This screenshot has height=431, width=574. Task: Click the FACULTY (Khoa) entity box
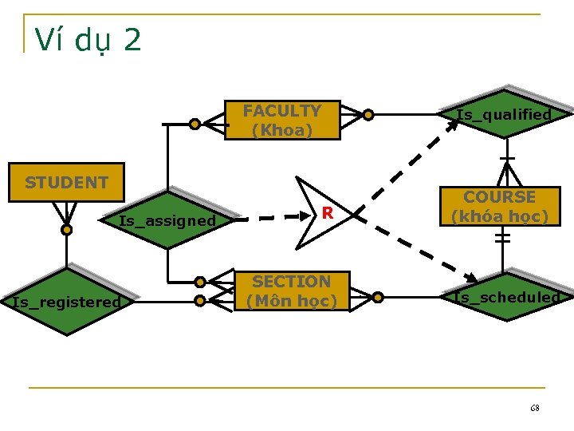[282, 120]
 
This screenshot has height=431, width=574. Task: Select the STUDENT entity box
[66, 183]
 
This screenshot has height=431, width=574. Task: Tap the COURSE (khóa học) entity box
[500, 207]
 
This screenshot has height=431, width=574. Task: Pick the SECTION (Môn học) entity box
[291, 291]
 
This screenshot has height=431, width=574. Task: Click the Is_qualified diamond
[504, 115]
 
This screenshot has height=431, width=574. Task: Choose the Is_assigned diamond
[167, 220]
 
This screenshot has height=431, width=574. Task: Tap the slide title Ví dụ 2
[88, 40]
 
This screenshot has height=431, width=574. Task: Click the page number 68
[534, 408]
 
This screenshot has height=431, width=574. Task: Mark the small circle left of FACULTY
[195, 124]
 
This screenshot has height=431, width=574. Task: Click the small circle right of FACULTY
[368, 115]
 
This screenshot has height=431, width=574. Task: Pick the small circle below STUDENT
[67, 230]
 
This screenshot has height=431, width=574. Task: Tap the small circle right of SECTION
[378, 298]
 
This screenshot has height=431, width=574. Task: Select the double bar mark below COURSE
[502, 237]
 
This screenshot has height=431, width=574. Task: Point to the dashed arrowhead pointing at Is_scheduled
[470, 277]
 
